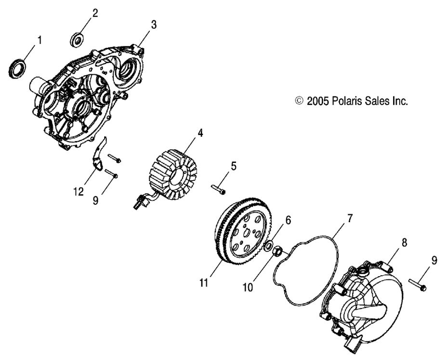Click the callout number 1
pyautogui.click(x=40, y=40)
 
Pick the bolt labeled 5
pyautogui.click(x=218, y=188)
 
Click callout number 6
pyautogui.click(x=288, y=220)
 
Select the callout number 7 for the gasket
pyautogui.click(x=350, y=218)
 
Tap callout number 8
pyautogui.click(x=405, y=243)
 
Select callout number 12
pyautogui.click(x=79, y=192)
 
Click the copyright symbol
pyautogui.click(x=299, y=101)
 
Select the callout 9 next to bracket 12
pyautogui.click(x=96, y=200)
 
